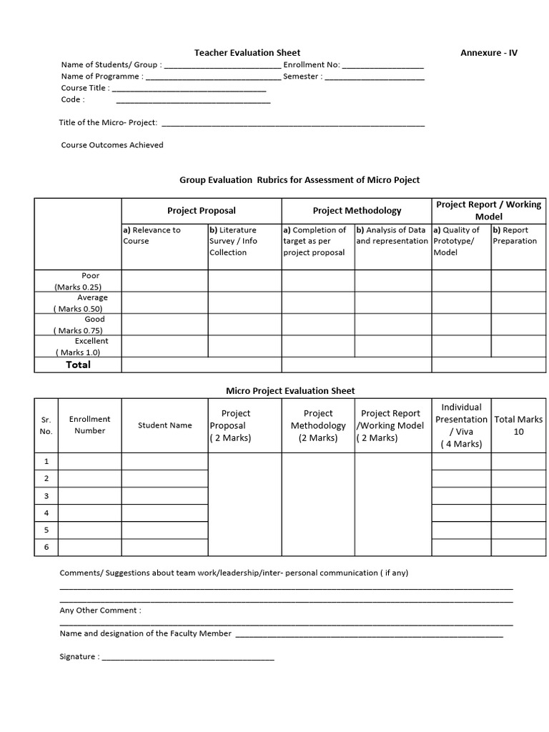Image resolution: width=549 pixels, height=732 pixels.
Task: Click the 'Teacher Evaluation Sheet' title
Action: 247,52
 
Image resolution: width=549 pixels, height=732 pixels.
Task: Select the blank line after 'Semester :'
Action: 375,78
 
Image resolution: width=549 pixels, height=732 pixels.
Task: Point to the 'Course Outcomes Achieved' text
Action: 112,144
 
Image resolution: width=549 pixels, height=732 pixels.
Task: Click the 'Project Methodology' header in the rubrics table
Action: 357,210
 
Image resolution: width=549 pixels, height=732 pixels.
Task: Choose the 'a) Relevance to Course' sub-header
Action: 152,235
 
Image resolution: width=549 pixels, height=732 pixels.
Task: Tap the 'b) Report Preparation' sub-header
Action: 514,235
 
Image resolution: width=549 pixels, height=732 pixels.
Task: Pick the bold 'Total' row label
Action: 79,365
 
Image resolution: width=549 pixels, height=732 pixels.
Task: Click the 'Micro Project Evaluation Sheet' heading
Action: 290,390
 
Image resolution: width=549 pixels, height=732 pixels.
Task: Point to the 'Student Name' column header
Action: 164,425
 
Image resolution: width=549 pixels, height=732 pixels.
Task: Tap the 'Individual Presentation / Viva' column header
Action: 461,425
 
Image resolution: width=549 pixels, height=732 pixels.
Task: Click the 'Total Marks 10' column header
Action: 518,425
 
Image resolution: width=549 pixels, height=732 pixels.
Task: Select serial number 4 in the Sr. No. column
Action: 46,513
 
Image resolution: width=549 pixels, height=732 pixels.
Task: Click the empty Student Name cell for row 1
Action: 164,461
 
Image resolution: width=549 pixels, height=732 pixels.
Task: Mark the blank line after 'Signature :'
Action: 188,658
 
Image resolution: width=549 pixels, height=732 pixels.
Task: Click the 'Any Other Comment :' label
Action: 100,610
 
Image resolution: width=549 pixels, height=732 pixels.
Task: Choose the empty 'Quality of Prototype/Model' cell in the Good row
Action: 461,325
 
